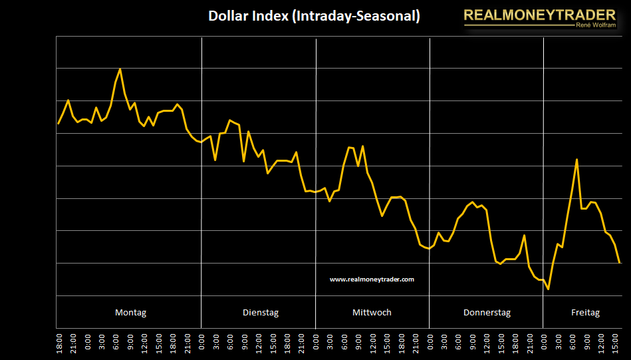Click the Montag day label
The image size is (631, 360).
pyautogui.click(x=130, y=312)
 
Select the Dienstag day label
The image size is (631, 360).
pyautogui.click(x=261, y=312)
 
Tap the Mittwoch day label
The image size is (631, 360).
pyautogui.click(x=372, y=312)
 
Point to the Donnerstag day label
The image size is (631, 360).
pyautogui.click(x=487, y=312)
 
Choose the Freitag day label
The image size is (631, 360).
pyautogui.click(x=585, y=312)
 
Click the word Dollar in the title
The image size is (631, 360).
pyautogui.click(x=229, y=16)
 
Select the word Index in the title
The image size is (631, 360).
pyautogui.click(x=270, y=16)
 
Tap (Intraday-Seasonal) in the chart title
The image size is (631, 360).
pyautogui.click(x=356, y=16)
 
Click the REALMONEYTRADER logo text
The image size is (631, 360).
pyautogui.click(x=539, y=14)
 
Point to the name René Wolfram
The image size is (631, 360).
pyautogui.click(x=594, y=25)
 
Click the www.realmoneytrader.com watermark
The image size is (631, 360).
pyautogui.click(x=372, y=279)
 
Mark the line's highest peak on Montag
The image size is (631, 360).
pyautogui.click(x=120, y=69)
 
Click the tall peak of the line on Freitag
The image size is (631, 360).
pyautogui.click(x=576, y=160)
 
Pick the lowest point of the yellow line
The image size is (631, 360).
pyautogui.click(x=548, y=289)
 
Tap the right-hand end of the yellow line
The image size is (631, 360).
pyautogui.click(x=620, y=262)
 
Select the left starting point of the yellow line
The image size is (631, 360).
pyautogui.click(x=59, y=123)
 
